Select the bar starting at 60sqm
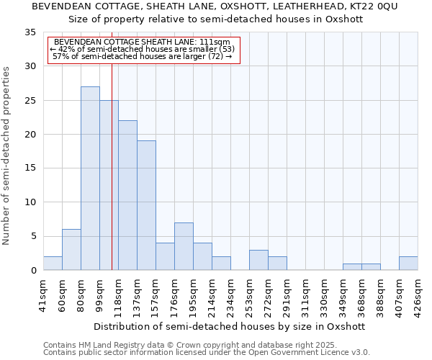pyautogui.click(x=71, y=250)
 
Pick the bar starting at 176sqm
pyautogui.click(x=184, y=246)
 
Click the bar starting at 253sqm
pyautogui.click(x=258, y=260)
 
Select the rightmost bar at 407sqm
pyautogui.click(x=408, y=264)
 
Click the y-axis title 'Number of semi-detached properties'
pyautogui.click(x=6, y=156)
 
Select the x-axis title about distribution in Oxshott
pyautogui.click(x=230, y=326)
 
